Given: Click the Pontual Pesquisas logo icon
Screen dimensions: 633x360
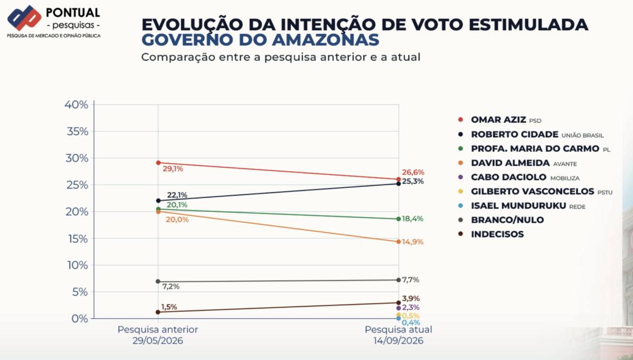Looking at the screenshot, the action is tap(24, 18).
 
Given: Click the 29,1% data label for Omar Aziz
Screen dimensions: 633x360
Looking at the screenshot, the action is tap(172, 169).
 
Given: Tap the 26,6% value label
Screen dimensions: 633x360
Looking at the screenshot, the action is tap(413, 172).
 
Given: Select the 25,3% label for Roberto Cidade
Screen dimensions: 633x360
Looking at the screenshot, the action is tap(413, 181).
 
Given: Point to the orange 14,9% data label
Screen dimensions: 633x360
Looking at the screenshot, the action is tap(413, 242).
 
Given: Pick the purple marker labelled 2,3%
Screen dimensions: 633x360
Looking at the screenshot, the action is tap(398, 308).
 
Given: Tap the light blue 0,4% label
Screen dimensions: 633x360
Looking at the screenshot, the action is tap(410, 323).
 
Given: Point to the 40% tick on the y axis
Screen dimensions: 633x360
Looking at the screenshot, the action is tap(76, 105).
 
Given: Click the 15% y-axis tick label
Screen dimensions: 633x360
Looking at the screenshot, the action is tap(78, 239).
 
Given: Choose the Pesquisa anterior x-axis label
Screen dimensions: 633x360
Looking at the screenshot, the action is tap(158, 329).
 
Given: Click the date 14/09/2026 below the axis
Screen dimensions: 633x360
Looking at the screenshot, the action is tap(398, 341).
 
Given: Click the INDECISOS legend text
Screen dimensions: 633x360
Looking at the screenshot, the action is tap(497, 234).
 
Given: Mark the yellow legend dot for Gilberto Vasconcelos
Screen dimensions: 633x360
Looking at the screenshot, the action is tap(461, 192).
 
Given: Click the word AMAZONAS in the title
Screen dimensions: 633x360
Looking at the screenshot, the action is tap(325, 40).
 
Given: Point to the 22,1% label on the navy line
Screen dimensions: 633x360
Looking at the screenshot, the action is tap(177, 195).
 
